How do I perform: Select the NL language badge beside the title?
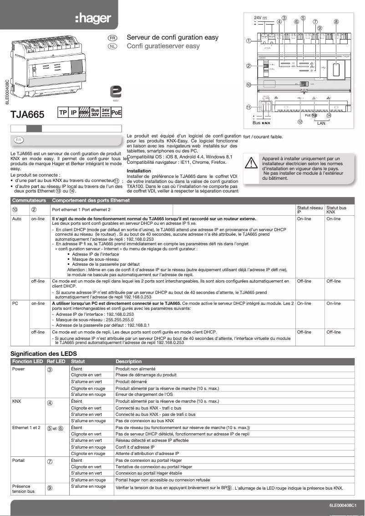click(112, 46)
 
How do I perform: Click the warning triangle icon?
click(251, 163)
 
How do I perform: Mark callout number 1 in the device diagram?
click(249, 40)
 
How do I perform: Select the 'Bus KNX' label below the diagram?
click(261, 123)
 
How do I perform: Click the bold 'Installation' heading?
click(138, 171)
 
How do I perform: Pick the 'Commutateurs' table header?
click(26, 200)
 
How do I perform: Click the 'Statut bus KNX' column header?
click(336, 210)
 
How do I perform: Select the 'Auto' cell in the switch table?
click(16, 219)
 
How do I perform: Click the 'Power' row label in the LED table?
click(18, 369)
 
